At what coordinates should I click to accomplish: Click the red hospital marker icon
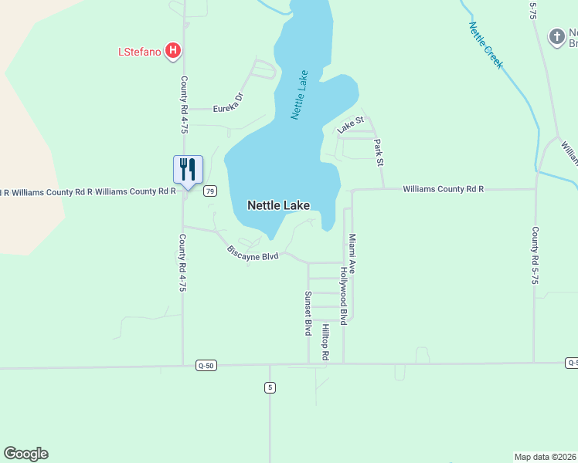173,52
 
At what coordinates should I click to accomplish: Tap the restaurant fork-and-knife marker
188,168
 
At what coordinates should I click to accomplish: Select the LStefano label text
140,52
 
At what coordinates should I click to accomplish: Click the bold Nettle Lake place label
278,205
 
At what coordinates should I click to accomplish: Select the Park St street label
379,152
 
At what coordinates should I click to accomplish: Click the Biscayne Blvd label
252,252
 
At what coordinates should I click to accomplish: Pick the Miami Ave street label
352,254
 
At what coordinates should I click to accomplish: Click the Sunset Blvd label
308,313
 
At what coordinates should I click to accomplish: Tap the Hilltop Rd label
326,343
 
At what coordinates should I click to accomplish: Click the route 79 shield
209,191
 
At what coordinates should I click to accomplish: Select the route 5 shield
270,387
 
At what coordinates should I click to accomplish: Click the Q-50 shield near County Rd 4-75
206,365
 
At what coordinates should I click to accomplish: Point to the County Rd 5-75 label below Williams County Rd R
534,255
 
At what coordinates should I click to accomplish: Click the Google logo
25,454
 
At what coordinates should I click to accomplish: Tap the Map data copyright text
546,456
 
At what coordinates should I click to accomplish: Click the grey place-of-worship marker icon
556,36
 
